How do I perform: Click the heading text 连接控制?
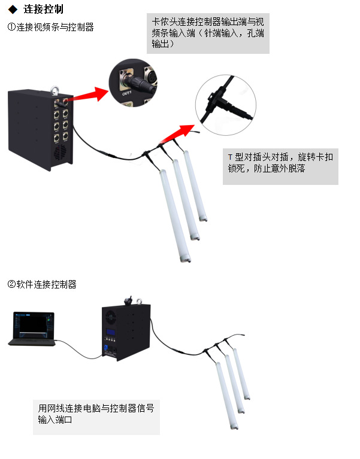point(43,10)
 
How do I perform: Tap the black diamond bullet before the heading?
point(12,10)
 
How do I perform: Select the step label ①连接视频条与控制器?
point(50,27)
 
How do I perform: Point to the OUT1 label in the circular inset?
point(126,93)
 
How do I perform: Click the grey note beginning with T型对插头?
point(280,162)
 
